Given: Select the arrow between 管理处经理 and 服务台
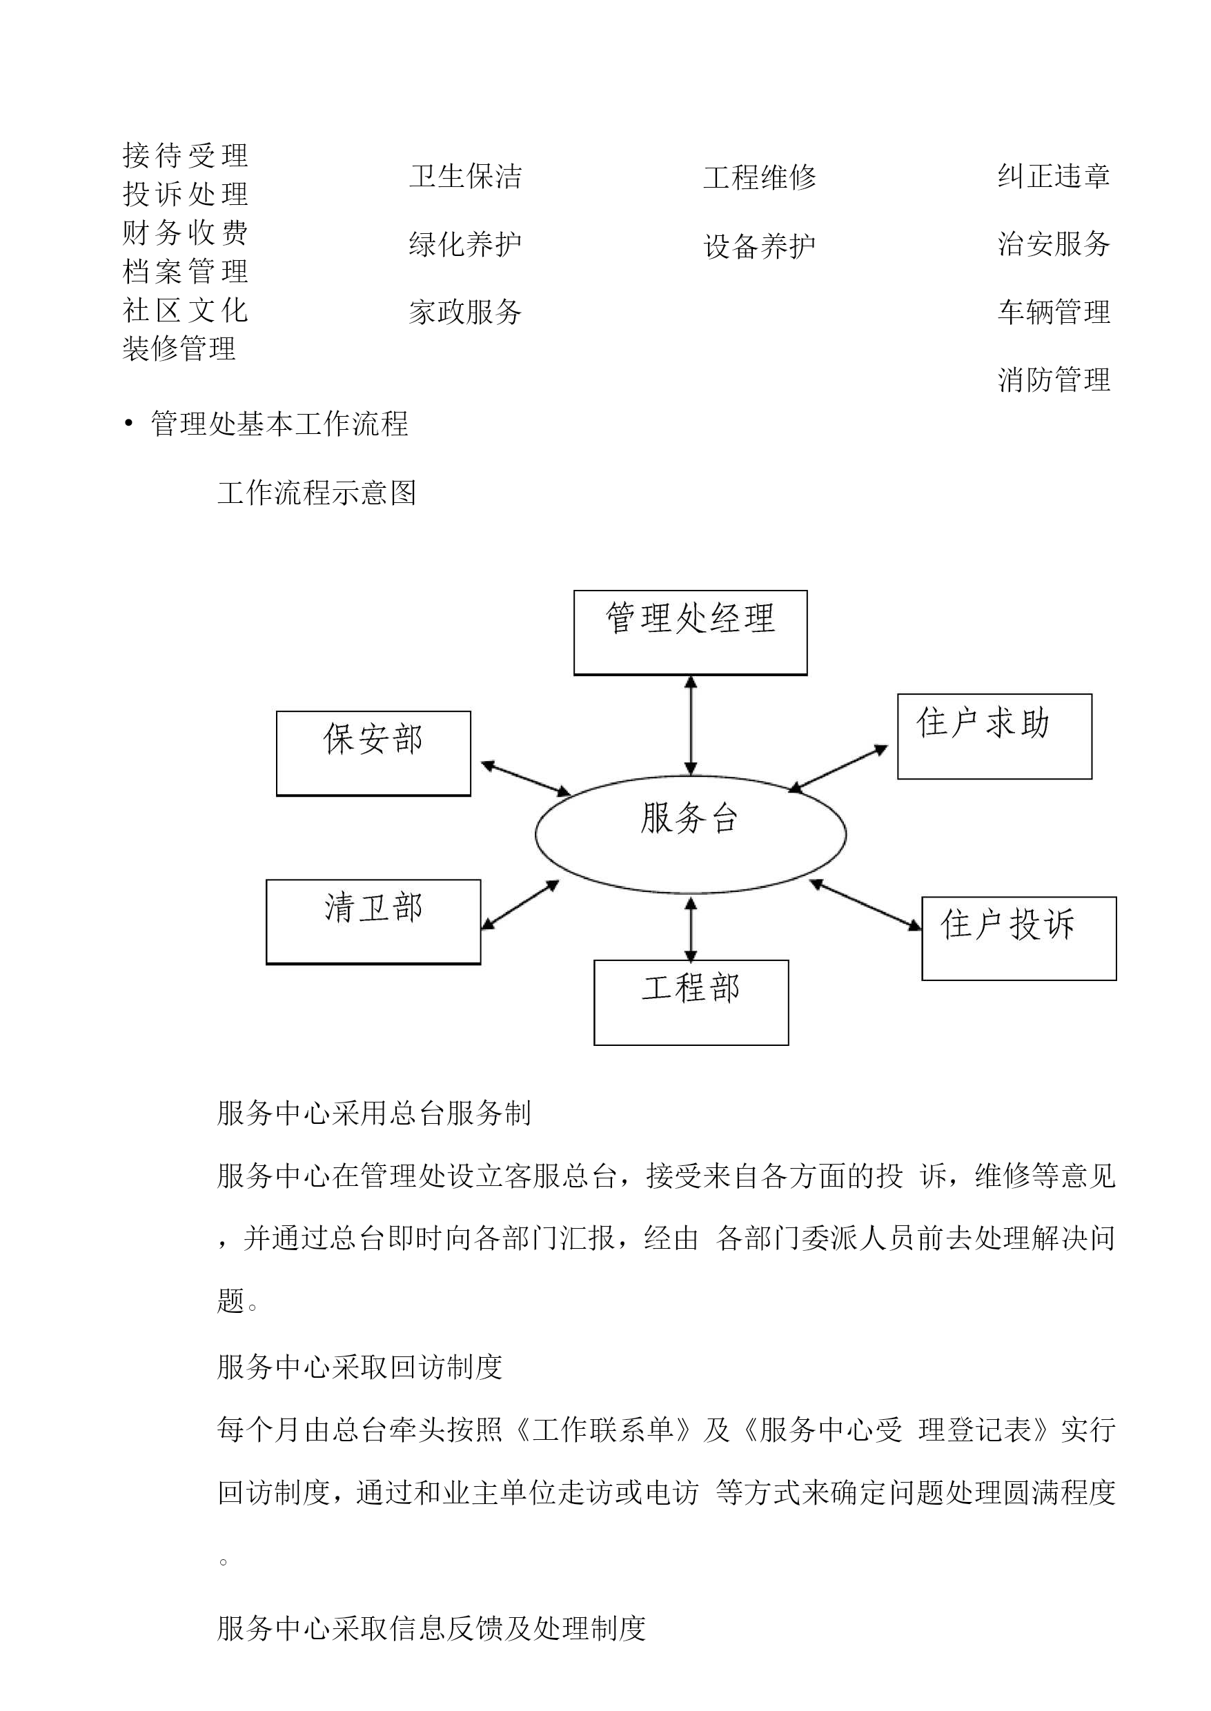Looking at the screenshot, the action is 691,725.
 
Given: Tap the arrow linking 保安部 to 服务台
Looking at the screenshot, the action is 526,778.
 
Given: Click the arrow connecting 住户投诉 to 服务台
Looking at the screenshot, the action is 865,904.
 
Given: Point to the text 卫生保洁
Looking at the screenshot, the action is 465,177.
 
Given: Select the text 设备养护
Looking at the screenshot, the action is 759,246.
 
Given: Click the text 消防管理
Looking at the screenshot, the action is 1054,379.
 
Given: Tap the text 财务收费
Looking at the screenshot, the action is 185,233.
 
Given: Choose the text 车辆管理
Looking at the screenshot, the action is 1054,312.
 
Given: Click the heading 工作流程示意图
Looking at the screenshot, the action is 317,493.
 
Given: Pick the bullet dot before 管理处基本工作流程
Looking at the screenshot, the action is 129,424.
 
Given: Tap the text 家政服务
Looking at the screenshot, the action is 465,312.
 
